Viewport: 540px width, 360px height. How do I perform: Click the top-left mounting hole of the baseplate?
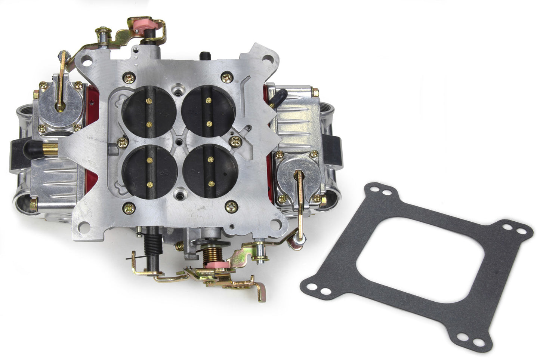tap(87, 58)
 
